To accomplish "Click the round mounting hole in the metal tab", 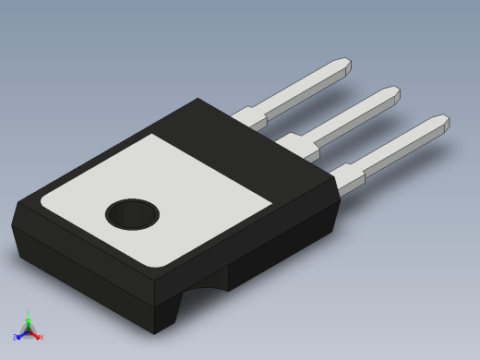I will tap(132, 215).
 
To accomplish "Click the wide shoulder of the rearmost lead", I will tap(249, 117).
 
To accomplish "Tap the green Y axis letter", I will tap(28, 315).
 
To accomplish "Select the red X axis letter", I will tap(42, 337).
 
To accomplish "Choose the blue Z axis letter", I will tap(15, 338).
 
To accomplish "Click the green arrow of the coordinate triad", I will tap(28, 322).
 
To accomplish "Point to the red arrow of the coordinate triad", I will tap(35, 334).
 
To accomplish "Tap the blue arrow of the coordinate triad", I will tap(20, 335).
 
